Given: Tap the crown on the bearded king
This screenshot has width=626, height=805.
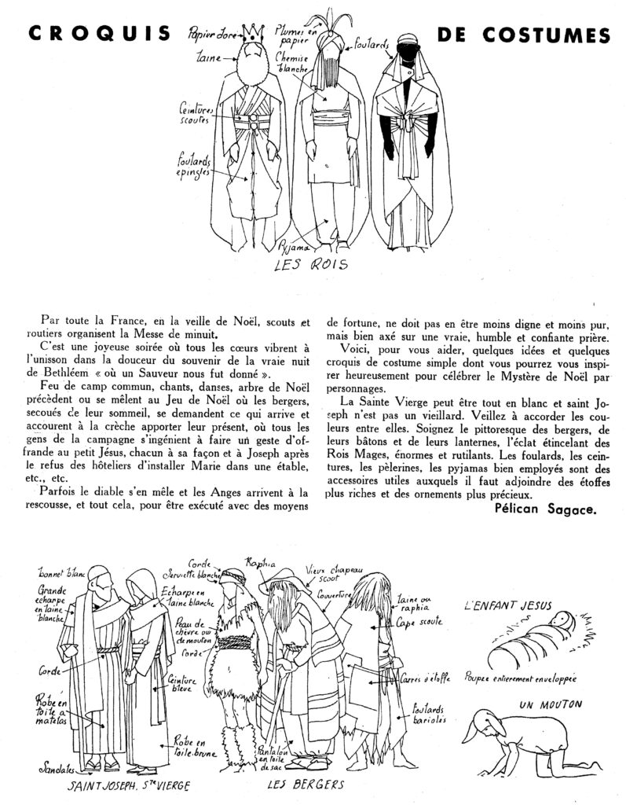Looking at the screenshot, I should (253, 34).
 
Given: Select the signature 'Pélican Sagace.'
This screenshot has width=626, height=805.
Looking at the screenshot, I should (546, 509).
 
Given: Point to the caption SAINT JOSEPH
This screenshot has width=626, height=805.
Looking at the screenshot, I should (102, 785).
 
